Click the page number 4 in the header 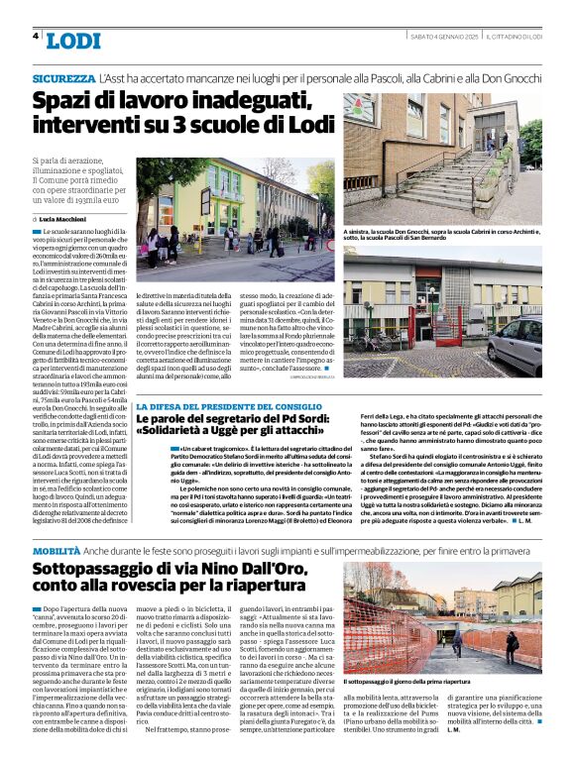(36, 36)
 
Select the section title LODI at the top (73, 41)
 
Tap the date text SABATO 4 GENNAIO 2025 (444, 36)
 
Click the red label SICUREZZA (63, 76)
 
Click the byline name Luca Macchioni (66, 218)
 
